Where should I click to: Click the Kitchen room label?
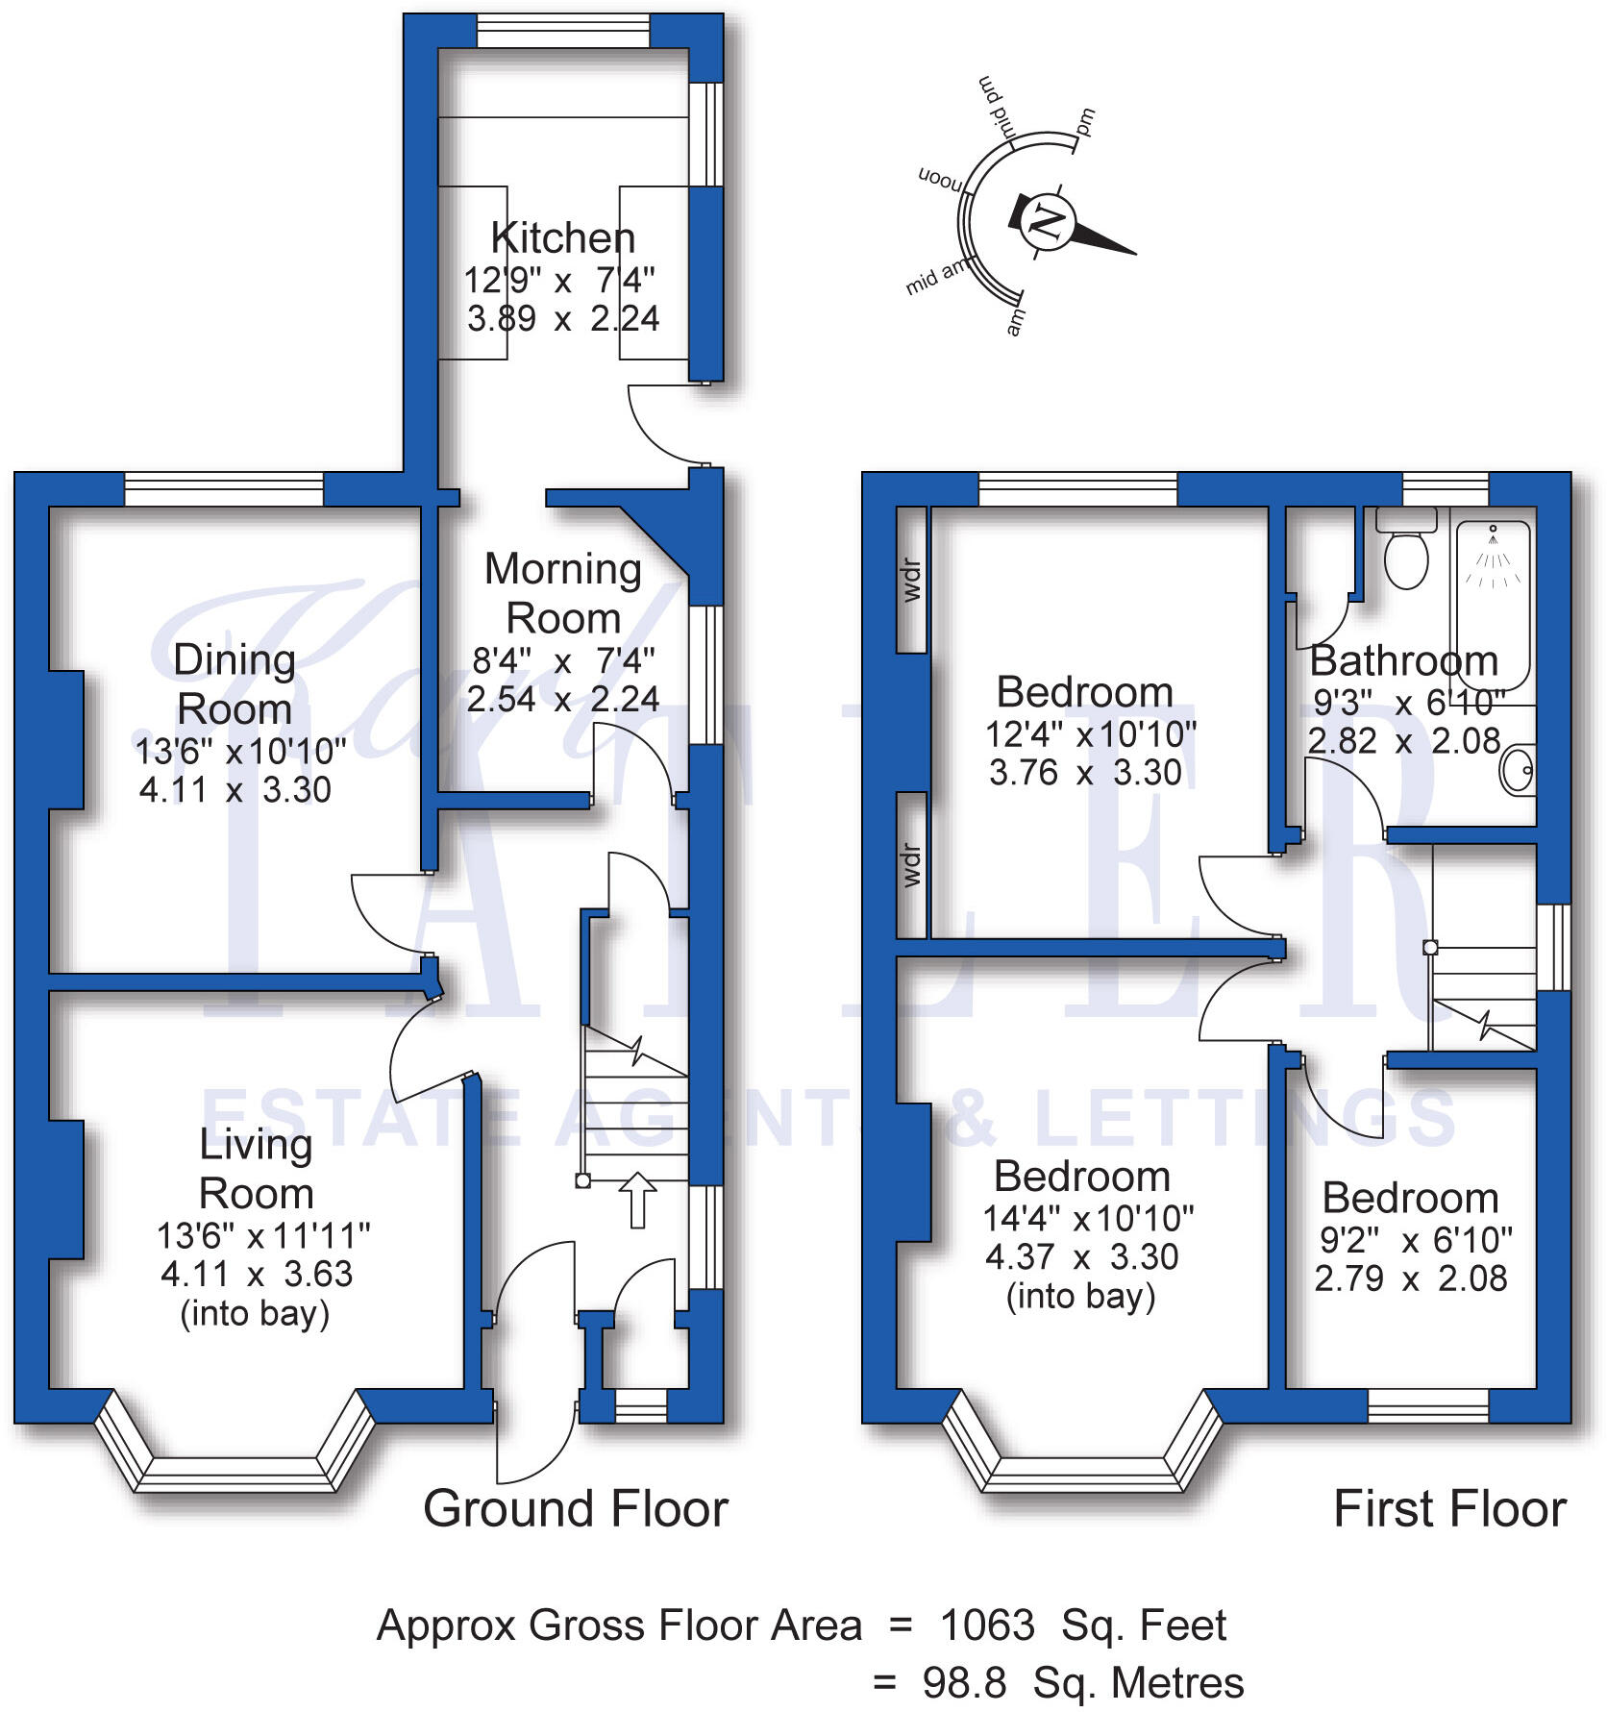pyautogui.click(x=562, y=237)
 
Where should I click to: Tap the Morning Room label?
pyautogui.click(x=563, y=593)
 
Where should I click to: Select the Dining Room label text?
pyautogui.click(x=235, y=684)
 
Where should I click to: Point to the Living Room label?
pyautogui.click(x=256, y=1169)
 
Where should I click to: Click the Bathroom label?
pyautogui.click(x=1404, y=661)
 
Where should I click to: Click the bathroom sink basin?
pyautogui.click(x=1518, y=770)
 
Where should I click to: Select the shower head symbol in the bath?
pyautogui.click(x=1493, y=531)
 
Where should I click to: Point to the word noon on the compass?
pyautogui.click(x=940, y=180)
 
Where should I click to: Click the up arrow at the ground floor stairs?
pyautogui.click(x=636, y=1200)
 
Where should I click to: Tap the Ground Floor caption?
pyautogui.click(x=576, y=1508)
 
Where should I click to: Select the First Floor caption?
pyautogui.click(x=1449, y=1508)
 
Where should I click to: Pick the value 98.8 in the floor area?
pyautogui.click(x=965, y=1683)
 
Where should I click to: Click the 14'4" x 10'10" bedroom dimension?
pyautogui.click(x=1087, y=1219)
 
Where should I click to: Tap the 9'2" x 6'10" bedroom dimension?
pyautogui.click(x=1415, y=1240)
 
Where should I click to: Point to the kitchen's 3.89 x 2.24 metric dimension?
pyautogui.click(x=563, y=318)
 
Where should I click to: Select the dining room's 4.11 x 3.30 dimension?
pyautogui.click(x=235, y=790)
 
